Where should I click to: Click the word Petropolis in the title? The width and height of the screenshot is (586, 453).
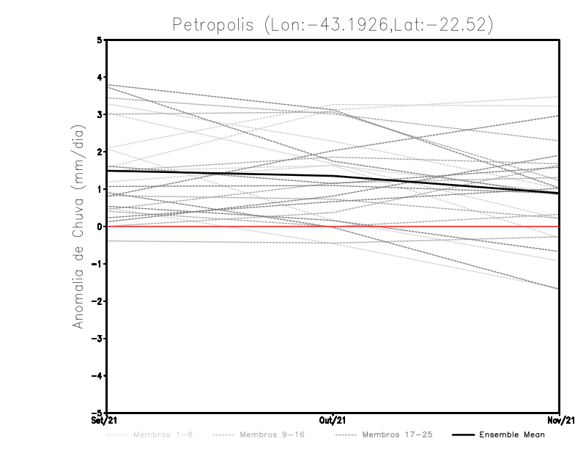click(212, 24)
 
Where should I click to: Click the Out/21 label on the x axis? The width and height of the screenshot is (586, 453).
click(333, 420)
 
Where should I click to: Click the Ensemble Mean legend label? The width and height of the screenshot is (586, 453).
click(512, 435)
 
